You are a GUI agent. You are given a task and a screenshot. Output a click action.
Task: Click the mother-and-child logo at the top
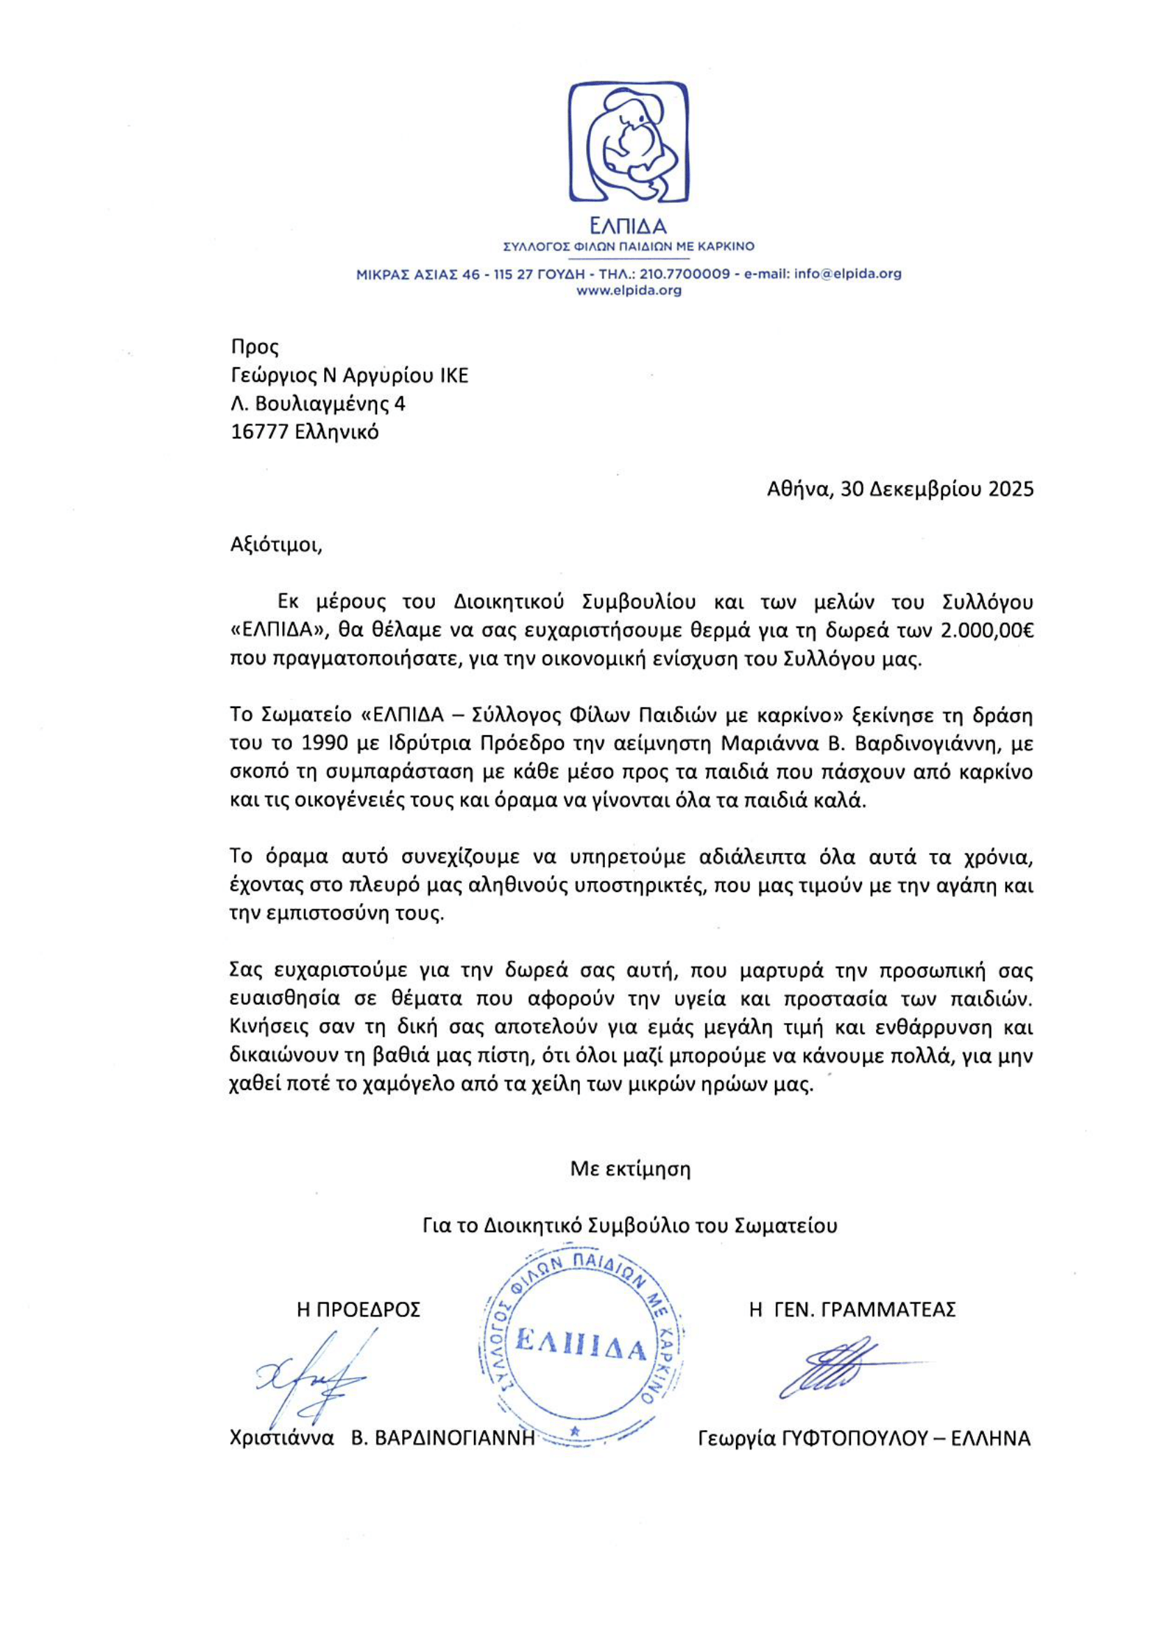click(628, 142)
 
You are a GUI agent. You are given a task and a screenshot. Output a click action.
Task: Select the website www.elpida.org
click(628, 291)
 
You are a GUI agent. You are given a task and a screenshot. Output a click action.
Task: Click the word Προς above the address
click(255, 347)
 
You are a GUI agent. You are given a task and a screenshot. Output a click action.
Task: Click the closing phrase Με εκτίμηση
click(630, 1169)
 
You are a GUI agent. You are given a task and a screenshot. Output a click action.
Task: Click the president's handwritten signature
click(312, 1381)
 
